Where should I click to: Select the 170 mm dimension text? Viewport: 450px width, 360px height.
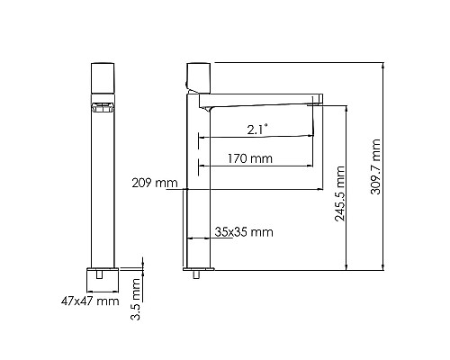click(x=251, y=158)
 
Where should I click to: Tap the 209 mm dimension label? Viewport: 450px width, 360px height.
click(x=154, y=184)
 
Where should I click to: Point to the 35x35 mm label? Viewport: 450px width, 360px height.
click(x=244, y=232)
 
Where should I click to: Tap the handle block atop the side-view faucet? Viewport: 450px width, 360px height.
click(x=198, y=74)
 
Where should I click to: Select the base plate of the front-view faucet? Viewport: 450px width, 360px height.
click(x=103, y=276)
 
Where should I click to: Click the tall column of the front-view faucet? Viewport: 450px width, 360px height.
click(x=103, y=180)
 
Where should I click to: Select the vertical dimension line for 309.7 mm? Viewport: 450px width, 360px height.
click(x=385, y=166)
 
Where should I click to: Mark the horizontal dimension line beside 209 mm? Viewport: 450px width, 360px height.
click(x=252, y=190)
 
